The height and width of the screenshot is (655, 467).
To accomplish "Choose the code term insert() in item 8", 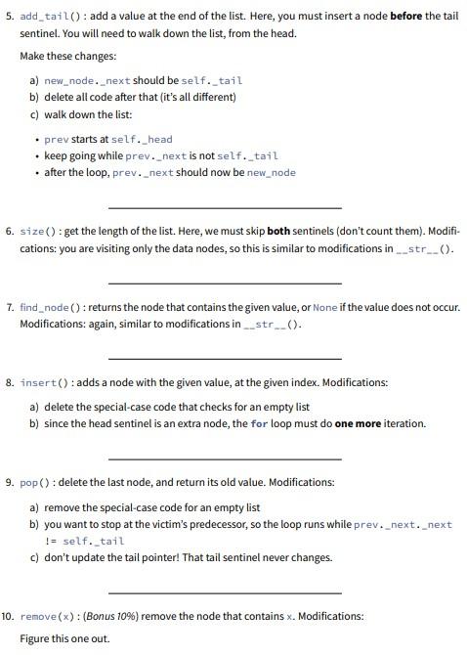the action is point(43,382).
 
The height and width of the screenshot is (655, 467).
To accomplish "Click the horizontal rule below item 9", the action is point(225,591).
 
